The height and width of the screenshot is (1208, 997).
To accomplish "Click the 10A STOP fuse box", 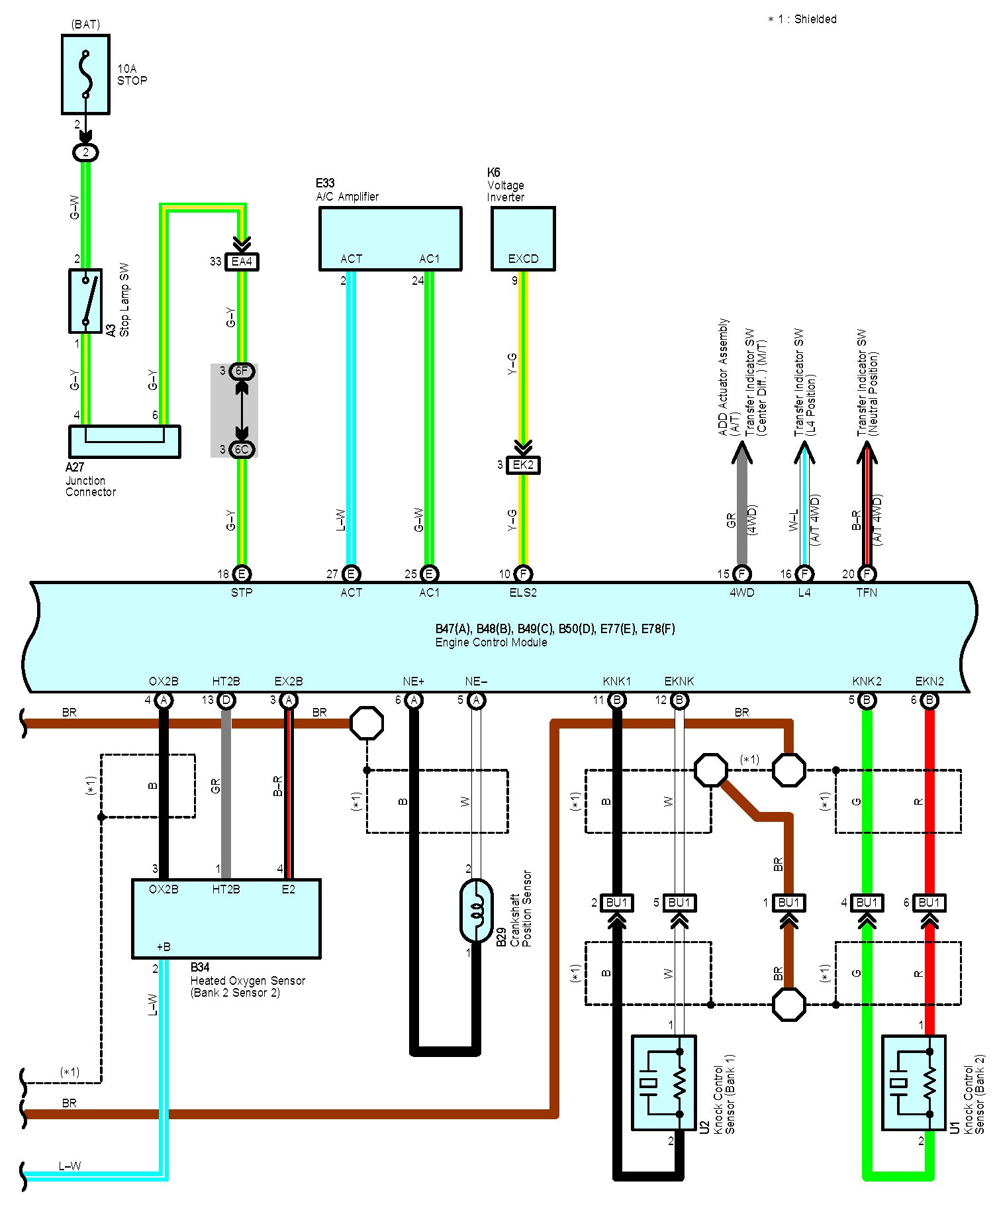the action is coord(85,75).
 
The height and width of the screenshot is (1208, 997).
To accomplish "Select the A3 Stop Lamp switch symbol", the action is coord(85,301).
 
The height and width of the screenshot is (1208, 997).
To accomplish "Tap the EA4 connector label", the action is coord(242,262).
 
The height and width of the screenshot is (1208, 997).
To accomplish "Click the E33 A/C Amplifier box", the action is coord(390,238).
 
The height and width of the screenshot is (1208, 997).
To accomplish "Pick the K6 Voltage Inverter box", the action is coord(523,238).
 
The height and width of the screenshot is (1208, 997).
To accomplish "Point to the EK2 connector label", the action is coord(523,465).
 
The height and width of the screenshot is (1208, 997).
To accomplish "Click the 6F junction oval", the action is coord(242,371).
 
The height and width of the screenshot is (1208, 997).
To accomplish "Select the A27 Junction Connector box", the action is coord(124,441).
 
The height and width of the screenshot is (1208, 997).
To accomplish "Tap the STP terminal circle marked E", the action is coord(242,574).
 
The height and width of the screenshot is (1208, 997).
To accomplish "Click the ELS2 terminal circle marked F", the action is coord(523,574).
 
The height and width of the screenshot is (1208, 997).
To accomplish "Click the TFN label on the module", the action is coord(867,593).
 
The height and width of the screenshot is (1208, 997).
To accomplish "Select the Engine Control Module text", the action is coord(491,642).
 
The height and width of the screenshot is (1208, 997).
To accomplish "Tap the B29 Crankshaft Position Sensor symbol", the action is coord(476,911).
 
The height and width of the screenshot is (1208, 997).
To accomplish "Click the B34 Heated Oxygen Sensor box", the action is coord(226,919).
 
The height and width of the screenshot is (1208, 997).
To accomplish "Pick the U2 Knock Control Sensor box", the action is coord(664,1082).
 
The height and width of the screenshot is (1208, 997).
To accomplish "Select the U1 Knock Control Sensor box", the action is coord(914,1082).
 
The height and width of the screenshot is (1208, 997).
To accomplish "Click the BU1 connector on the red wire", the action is coord(929,903).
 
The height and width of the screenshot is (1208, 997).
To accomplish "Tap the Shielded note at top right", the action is coord(802,19).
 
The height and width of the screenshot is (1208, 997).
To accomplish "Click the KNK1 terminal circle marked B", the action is coord(617,700).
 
